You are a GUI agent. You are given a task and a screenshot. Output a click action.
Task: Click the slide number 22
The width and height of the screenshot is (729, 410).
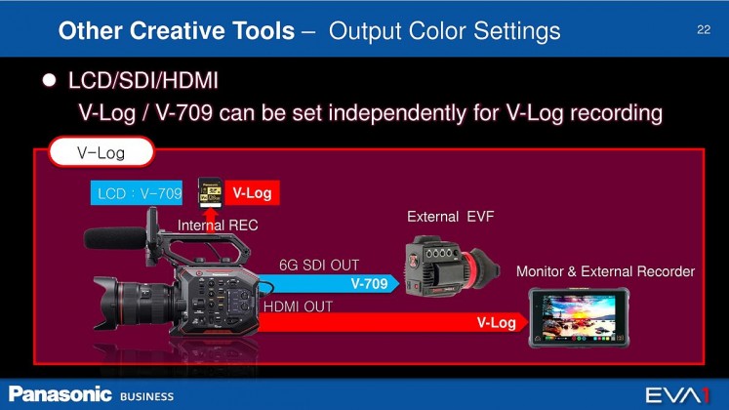(704, 29)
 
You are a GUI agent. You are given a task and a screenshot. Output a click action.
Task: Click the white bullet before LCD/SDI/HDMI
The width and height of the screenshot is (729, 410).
(49, 80)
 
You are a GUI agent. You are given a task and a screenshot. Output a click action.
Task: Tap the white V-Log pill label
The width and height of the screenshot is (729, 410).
(101, 151)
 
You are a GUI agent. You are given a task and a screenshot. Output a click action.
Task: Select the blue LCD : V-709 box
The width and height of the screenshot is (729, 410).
(137, 193)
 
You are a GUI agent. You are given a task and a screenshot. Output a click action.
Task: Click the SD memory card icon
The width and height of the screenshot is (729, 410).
(210, 192)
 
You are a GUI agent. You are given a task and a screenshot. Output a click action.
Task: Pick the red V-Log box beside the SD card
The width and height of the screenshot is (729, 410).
(253, 192)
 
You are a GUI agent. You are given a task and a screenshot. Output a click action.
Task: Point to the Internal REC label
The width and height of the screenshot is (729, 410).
(218, 225)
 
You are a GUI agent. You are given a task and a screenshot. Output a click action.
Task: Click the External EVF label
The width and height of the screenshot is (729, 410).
(451, 217)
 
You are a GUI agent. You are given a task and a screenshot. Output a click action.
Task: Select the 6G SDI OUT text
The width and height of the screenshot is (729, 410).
(319, 265)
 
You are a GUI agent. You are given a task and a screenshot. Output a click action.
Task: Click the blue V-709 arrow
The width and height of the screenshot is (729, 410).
(328, 283)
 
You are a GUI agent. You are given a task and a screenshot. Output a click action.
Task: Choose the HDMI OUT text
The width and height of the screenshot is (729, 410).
(298, 307)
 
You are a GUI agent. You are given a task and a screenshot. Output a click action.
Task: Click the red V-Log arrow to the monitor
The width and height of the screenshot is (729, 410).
(393, 322)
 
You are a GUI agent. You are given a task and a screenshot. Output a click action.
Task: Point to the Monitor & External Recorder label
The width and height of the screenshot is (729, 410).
(605, 271)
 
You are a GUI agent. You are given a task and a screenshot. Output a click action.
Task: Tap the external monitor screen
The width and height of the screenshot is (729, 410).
(580, 318)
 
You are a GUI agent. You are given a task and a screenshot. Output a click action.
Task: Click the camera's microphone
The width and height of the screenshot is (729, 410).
(115, 238)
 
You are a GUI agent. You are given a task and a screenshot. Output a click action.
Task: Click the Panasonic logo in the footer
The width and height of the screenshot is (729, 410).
(61, 394)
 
